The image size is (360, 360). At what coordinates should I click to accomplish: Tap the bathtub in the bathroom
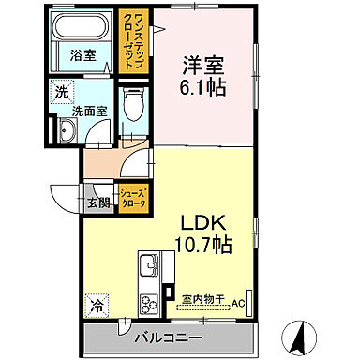84,27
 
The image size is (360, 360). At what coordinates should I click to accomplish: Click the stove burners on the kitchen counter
149,301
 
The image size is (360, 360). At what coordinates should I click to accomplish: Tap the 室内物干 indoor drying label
205,298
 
